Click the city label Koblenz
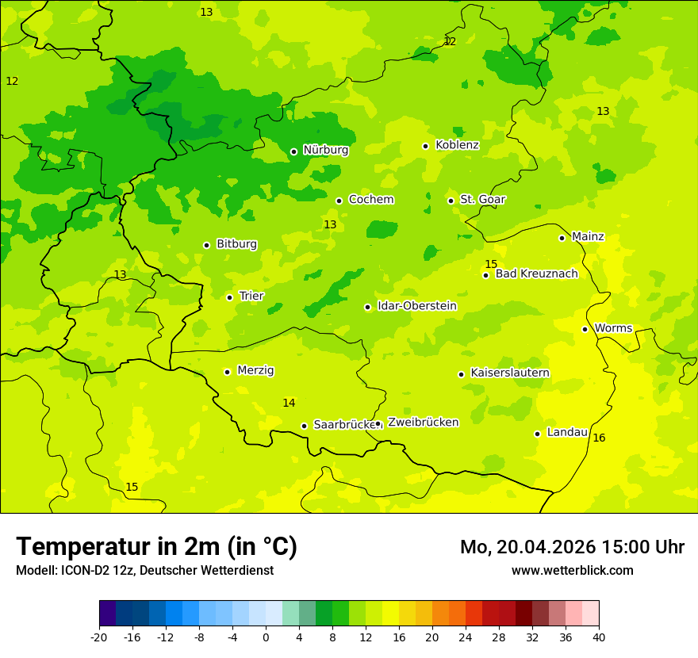(x=457, y=145)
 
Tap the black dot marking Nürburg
(x=293, y=151)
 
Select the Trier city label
(x=251, y=296)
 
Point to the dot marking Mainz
(x=562, y=238)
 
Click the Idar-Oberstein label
(x=416, y=306)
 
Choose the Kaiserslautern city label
(x=510, y=373)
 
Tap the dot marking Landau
(x=537, y=434)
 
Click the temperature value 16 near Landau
(x=599, y=438)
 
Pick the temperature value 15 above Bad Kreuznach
(x=491, y=264)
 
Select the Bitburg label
(x=236, y=244)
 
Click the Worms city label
(x=613, y=328)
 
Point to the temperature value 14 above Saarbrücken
(x=289, y=403)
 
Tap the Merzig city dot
(x=227, y=372)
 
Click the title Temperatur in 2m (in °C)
(x=156, y=546)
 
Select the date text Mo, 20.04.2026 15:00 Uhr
(x=572, y=547)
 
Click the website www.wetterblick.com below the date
(x=572, y=570)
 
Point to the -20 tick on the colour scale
(x=99, y=637)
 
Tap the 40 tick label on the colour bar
(x=599, y=637)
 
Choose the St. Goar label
(x=482, y=199)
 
